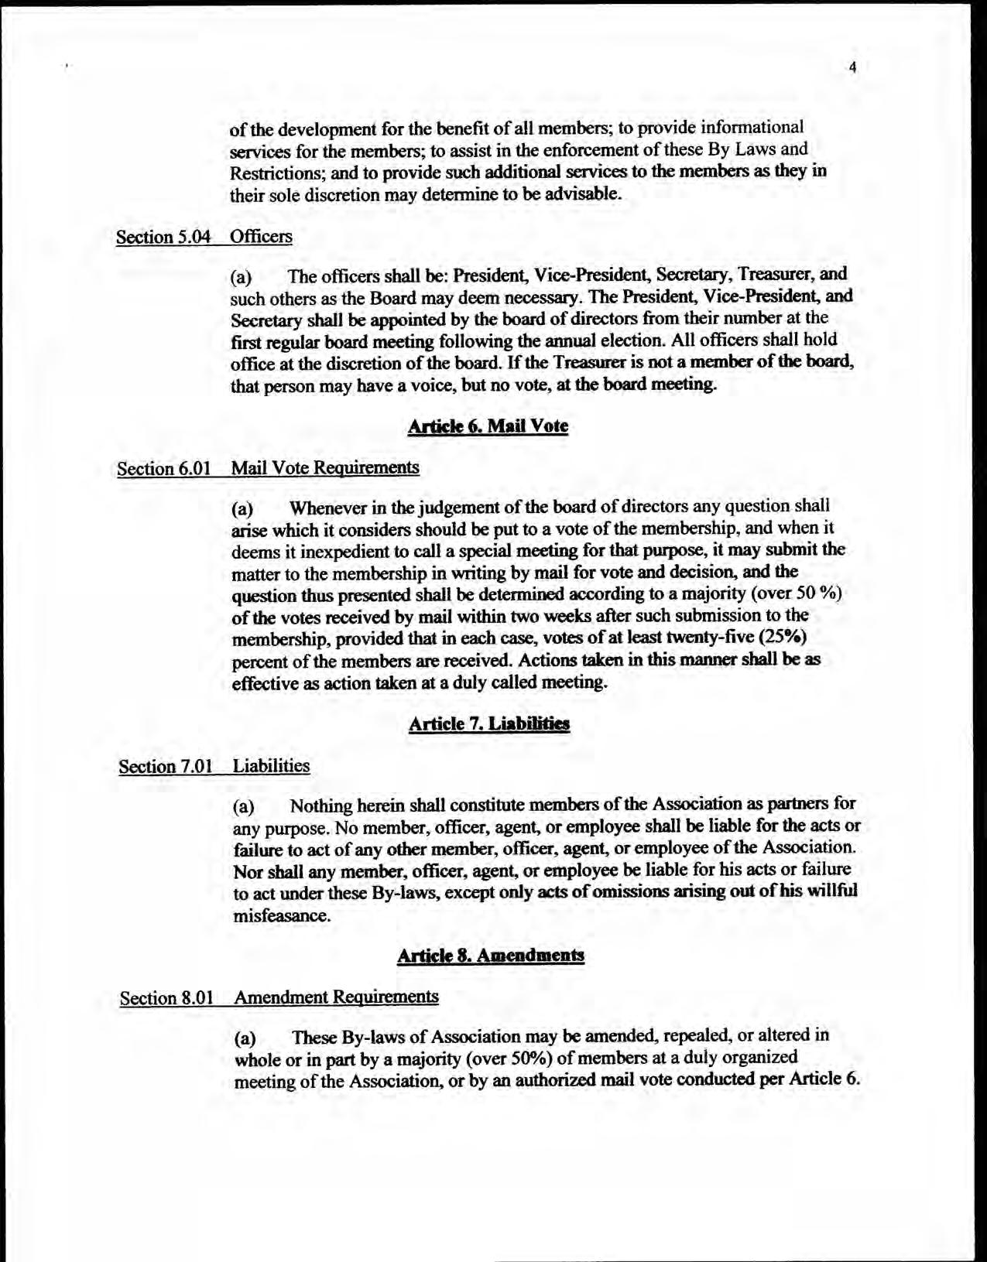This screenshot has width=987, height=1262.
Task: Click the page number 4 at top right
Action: tap(852, 67)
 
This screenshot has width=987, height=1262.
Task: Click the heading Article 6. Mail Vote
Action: tap(488, 426)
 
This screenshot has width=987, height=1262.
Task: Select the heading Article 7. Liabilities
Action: tap(488, 723)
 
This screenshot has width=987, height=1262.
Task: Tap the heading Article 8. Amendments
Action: tap(490, 956)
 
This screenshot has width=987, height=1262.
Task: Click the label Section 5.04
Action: tap(163, 237)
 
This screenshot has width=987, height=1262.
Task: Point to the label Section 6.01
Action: tap(165, 469)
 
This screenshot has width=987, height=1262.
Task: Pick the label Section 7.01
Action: tap(166, 766)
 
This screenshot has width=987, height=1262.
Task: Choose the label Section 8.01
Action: tap(166, 997)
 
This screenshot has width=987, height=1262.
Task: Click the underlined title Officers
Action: tap(262, 236)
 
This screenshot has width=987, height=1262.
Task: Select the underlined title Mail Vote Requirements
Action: tap(325, 467)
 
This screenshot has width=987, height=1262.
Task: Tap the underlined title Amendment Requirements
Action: tap(336, 997)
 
